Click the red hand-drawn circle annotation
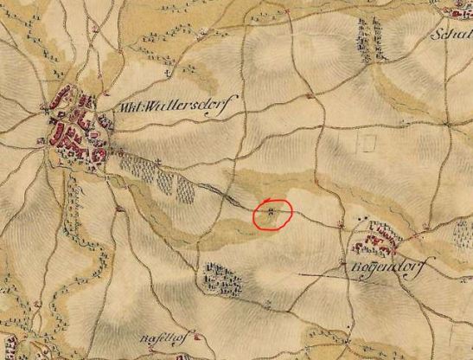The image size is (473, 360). pyautogui.click(x=273, y=214)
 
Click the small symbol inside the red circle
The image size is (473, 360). pyautogui.click(x=272, y=210)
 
